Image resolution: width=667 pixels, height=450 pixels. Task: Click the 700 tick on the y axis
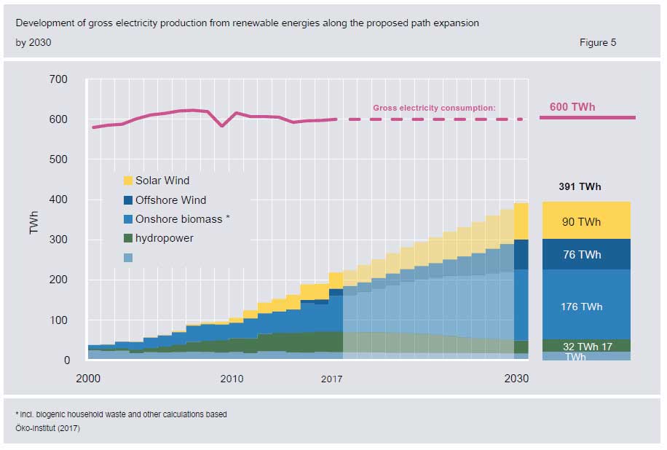click(58, 79)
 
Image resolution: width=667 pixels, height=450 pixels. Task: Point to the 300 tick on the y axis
click(58, 240)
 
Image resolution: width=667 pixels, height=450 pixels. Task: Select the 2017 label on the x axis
click(331, 379)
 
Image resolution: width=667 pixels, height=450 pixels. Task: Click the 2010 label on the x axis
click(232, 379)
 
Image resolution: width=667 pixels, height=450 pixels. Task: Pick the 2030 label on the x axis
click(516, 379)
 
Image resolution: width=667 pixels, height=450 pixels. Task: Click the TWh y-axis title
click(34, 219)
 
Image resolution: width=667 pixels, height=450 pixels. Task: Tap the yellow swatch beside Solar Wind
click(127, 181)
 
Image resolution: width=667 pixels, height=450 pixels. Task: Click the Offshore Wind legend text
click(170, 200)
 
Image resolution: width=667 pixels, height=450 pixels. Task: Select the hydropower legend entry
click(164, 238)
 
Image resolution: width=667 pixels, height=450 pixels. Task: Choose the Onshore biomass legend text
click(182, 219)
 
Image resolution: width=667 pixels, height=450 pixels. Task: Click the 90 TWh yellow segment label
click(581, 222)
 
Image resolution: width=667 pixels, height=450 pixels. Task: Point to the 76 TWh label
click(581, 255)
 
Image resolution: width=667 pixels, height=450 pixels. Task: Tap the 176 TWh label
click(581, 307)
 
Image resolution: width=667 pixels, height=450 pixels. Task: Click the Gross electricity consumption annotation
click(434, 108)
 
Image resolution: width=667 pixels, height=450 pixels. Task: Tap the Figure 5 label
click(597, 42)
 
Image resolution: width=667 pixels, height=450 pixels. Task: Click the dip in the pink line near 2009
click(222, 126)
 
